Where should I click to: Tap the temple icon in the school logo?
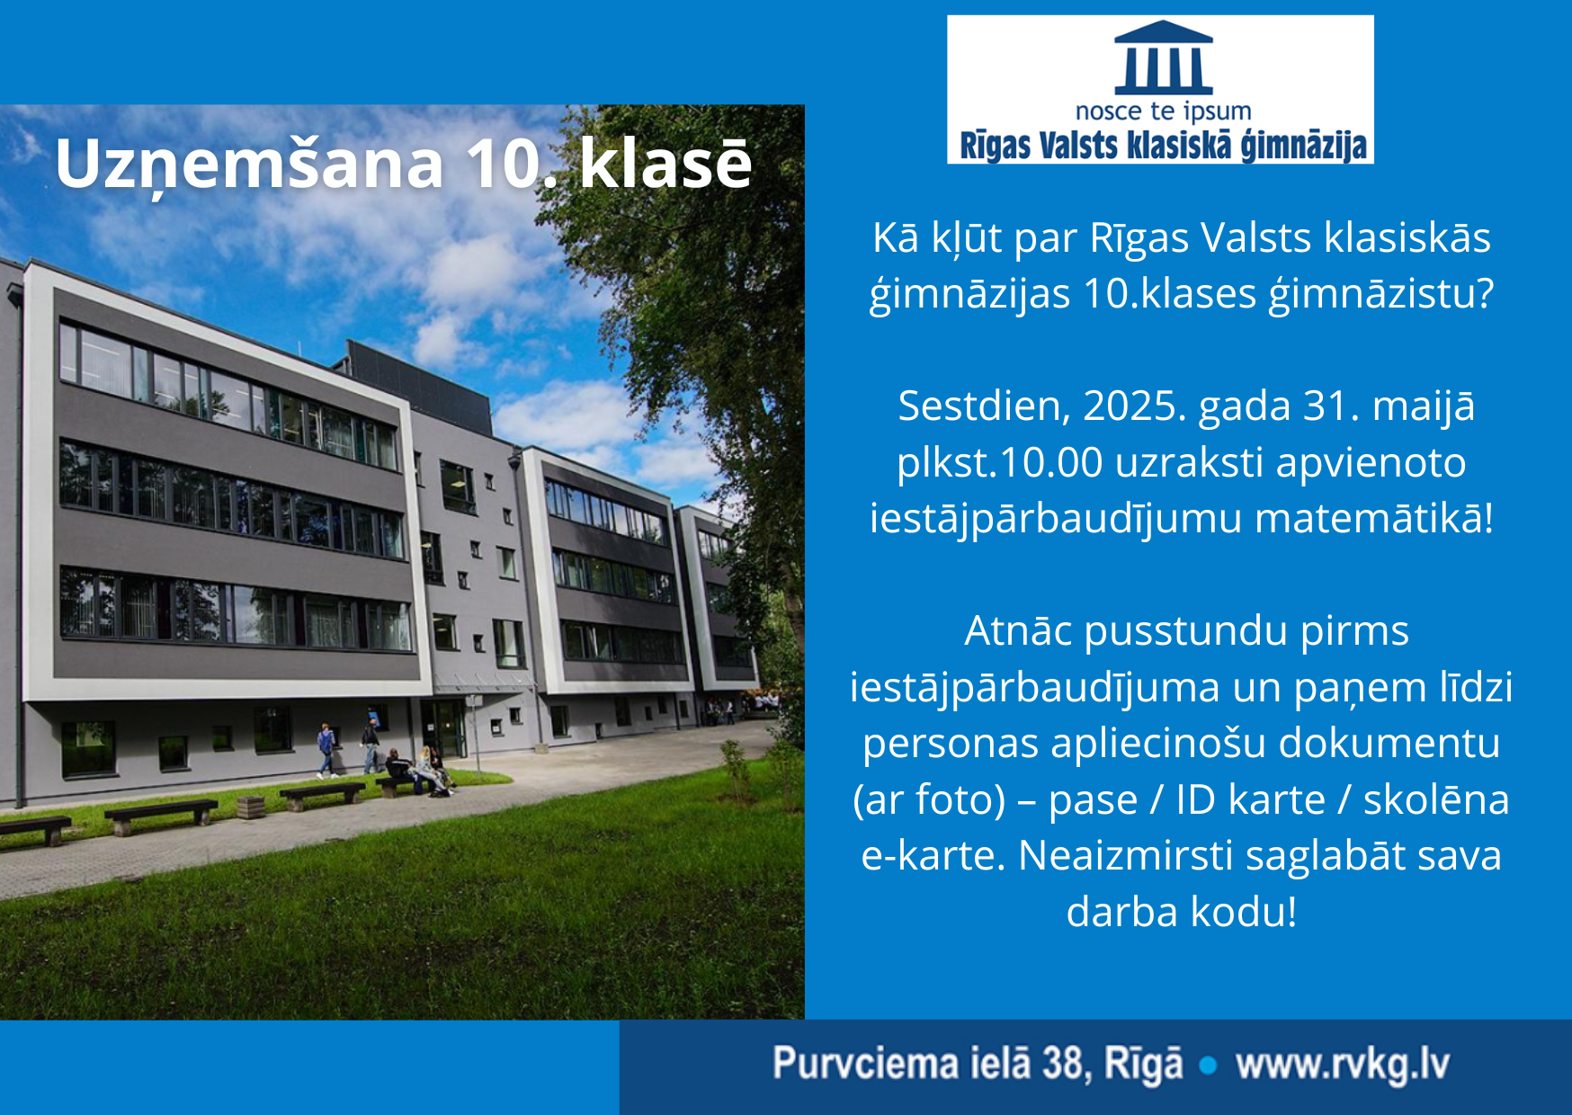[1163, 58]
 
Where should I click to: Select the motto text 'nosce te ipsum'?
[1163, 111]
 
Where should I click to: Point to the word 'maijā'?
[1423, 406]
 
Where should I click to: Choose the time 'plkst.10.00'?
[999, 462]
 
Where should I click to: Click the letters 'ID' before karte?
[1196, 799]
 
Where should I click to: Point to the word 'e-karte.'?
[933, 855]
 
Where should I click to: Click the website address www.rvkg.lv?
[1342, 1065]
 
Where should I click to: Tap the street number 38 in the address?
[1061, 1065]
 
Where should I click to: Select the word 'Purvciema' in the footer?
[865, 1065]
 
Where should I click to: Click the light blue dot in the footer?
[1208, 1066]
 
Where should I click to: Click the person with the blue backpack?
[326, 749]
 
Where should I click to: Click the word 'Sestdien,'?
[984, 406]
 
